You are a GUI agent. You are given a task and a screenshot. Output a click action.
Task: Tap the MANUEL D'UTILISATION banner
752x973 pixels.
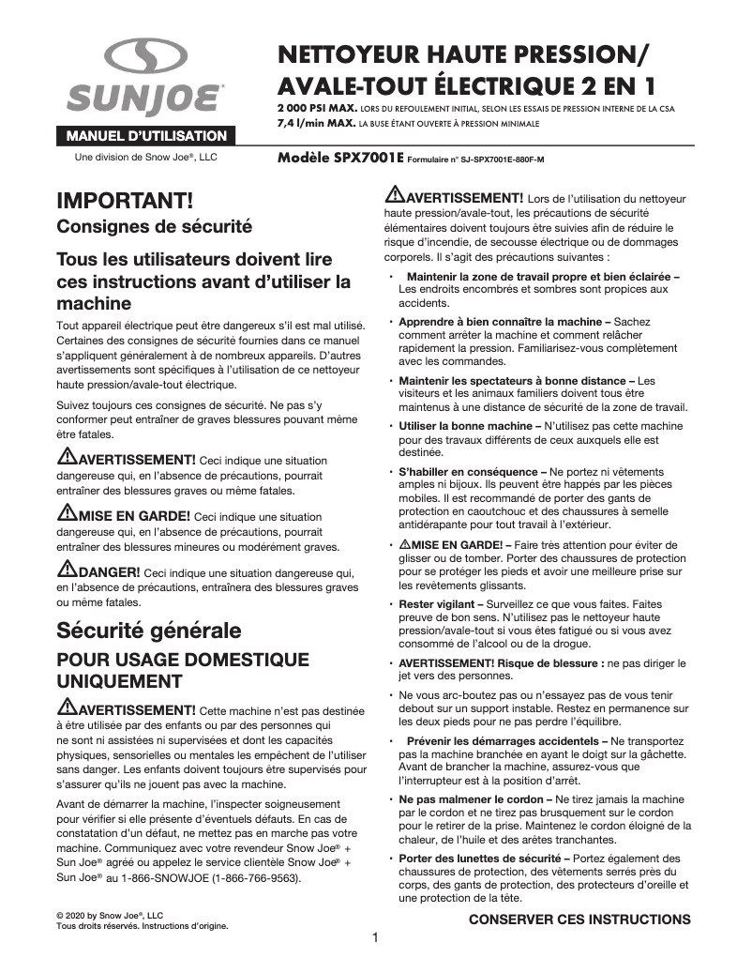145,135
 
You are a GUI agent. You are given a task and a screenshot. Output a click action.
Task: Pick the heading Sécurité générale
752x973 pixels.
149,629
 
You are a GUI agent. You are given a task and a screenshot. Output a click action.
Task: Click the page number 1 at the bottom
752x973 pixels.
375,937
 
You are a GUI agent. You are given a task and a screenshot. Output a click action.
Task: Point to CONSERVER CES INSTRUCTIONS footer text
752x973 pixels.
579,919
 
